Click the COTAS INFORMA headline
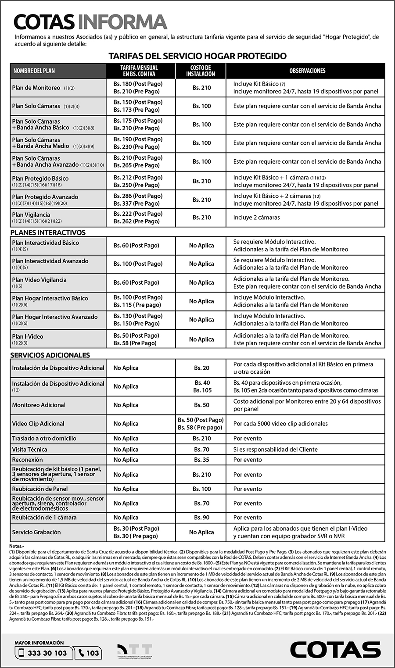90,22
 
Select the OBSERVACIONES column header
307,71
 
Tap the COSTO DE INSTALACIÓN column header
201,71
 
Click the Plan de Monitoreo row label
36,88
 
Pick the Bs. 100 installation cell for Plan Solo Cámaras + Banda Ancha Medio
201,143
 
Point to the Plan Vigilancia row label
31,215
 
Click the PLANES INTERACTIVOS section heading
48,232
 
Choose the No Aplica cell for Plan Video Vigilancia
201,282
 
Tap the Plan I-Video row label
28,336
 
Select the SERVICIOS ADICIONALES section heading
50,355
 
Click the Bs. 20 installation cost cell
201,368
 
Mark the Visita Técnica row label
29,449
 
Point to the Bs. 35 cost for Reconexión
201,460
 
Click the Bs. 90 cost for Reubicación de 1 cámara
201,518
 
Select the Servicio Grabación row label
36,532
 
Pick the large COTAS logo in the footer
335,650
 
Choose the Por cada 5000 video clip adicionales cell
280,424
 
